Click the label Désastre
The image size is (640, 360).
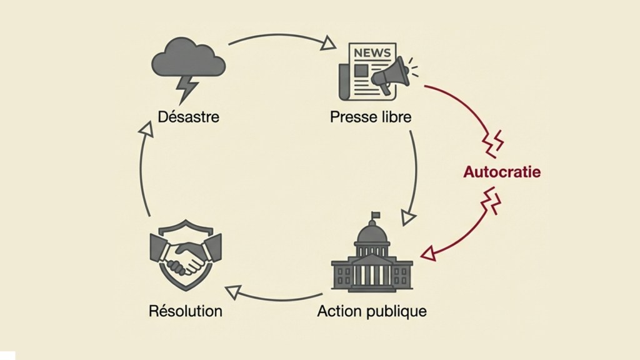point(188,116)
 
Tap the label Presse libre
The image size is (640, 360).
point(371,116)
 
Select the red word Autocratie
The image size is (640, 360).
point(502,172)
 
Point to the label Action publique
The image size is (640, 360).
point(372,311)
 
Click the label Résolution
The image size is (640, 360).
point(186,311)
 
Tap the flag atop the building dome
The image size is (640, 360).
point(376,216)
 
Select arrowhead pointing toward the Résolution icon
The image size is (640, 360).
point(233,289)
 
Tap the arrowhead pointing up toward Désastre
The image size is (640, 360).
point(146,129)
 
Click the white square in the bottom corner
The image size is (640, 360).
point(7,355)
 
